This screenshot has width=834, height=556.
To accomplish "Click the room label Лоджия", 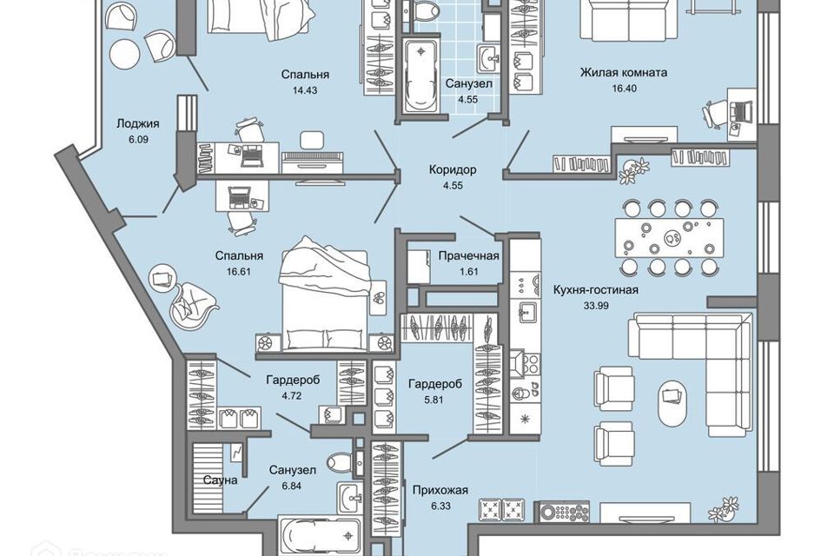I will (x=136, y=123).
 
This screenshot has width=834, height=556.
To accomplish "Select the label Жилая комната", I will (x=623, y=72).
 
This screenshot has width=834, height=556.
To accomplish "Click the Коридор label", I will (x=450, y=169).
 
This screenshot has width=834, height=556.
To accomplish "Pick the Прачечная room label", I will (x=468, y=255).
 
